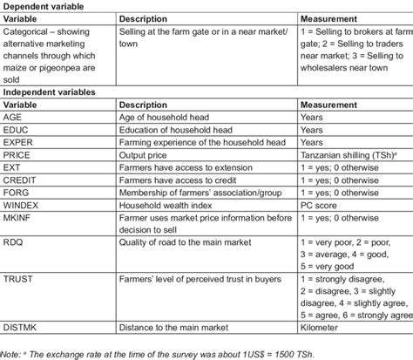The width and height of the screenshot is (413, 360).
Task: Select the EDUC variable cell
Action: (x=17, y=129)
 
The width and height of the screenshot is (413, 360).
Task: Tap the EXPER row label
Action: (x=20, y=141)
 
